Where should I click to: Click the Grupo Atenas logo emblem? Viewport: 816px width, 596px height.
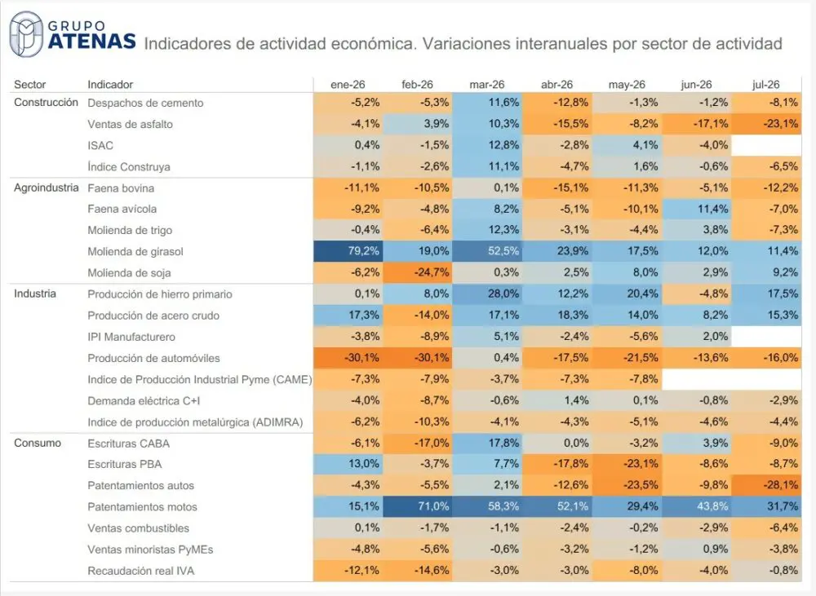26,34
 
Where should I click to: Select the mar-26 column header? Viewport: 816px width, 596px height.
486,85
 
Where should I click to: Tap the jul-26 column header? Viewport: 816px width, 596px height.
765,85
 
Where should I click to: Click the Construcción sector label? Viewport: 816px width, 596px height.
46,103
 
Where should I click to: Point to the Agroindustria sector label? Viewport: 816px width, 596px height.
47,188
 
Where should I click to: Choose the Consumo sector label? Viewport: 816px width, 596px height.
38,443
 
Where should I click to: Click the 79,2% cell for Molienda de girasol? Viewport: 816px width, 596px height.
348,251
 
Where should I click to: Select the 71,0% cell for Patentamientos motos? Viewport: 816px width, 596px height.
417,506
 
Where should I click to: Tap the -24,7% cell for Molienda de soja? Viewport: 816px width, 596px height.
417,272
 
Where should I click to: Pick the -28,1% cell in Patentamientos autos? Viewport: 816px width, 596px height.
766,485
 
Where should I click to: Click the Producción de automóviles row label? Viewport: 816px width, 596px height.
153,358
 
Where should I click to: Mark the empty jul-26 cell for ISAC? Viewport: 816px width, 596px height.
766,145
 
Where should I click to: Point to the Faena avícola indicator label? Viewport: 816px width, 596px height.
122,209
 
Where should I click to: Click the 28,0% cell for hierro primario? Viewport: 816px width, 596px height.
487,294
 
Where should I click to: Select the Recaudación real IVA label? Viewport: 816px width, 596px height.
140,571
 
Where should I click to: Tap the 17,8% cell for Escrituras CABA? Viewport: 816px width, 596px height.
487,443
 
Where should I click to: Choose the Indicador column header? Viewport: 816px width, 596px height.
110,85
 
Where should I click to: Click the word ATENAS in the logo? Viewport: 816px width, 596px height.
92,41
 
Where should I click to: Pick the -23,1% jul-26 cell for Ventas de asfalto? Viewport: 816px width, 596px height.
766,124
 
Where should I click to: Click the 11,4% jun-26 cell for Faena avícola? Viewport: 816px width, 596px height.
696,209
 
